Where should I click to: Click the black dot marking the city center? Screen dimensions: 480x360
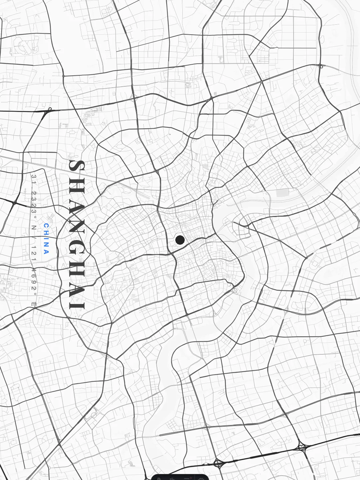(x=180, y=240)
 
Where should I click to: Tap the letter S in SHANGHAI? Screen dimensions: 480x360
(x=77, y=166)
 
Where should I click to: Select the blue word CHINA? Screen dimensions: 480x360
(x=46, y=239)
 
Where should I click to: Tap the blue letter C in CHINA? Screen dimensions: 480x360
(x=46, y=226)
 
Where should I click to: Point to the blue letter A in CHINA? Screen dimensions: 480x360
(x=46, y=252)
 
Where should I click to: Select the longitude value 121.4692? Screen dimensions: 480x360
(x=34, y=270)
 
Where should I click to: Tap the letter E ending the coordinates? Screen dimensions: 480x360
(x=34, y=305)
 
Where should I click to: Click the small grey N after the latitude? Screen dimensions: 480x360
(x=34, y=227)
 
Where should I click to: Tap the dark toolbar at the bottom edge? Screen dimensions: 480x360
(x=180, y=477)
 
